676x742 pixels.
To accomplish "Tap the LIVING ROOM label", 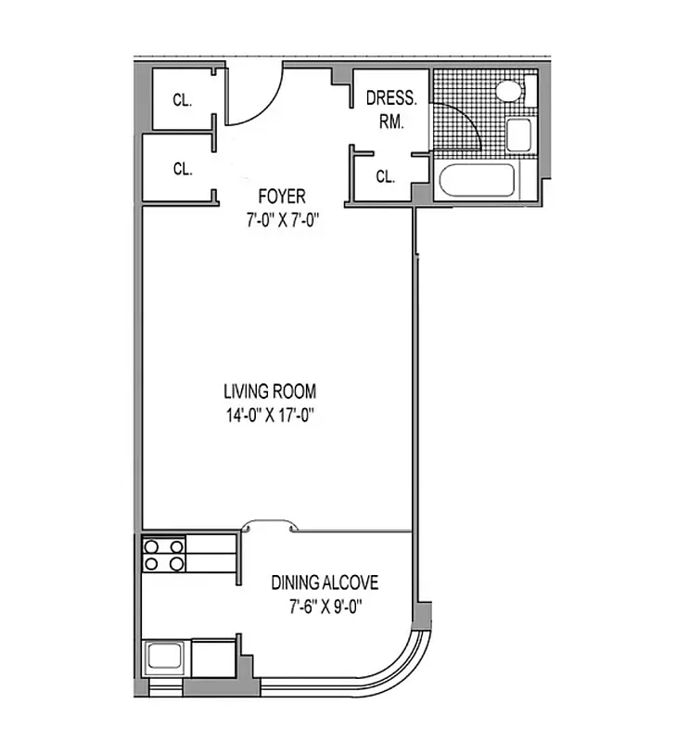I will coord(275,392).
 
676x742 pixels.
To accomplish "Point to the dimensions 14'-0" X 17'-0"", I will coord(275,416).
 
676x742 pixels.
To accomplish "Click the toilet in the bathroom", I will coord(508,91).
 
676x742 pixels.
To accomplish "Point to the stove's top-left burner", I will coord(151,546).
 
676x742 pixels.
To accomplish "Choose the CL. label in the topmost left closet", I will coord(182,100).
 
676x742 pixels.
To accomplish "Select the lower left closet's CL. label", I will coord(182,169).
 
